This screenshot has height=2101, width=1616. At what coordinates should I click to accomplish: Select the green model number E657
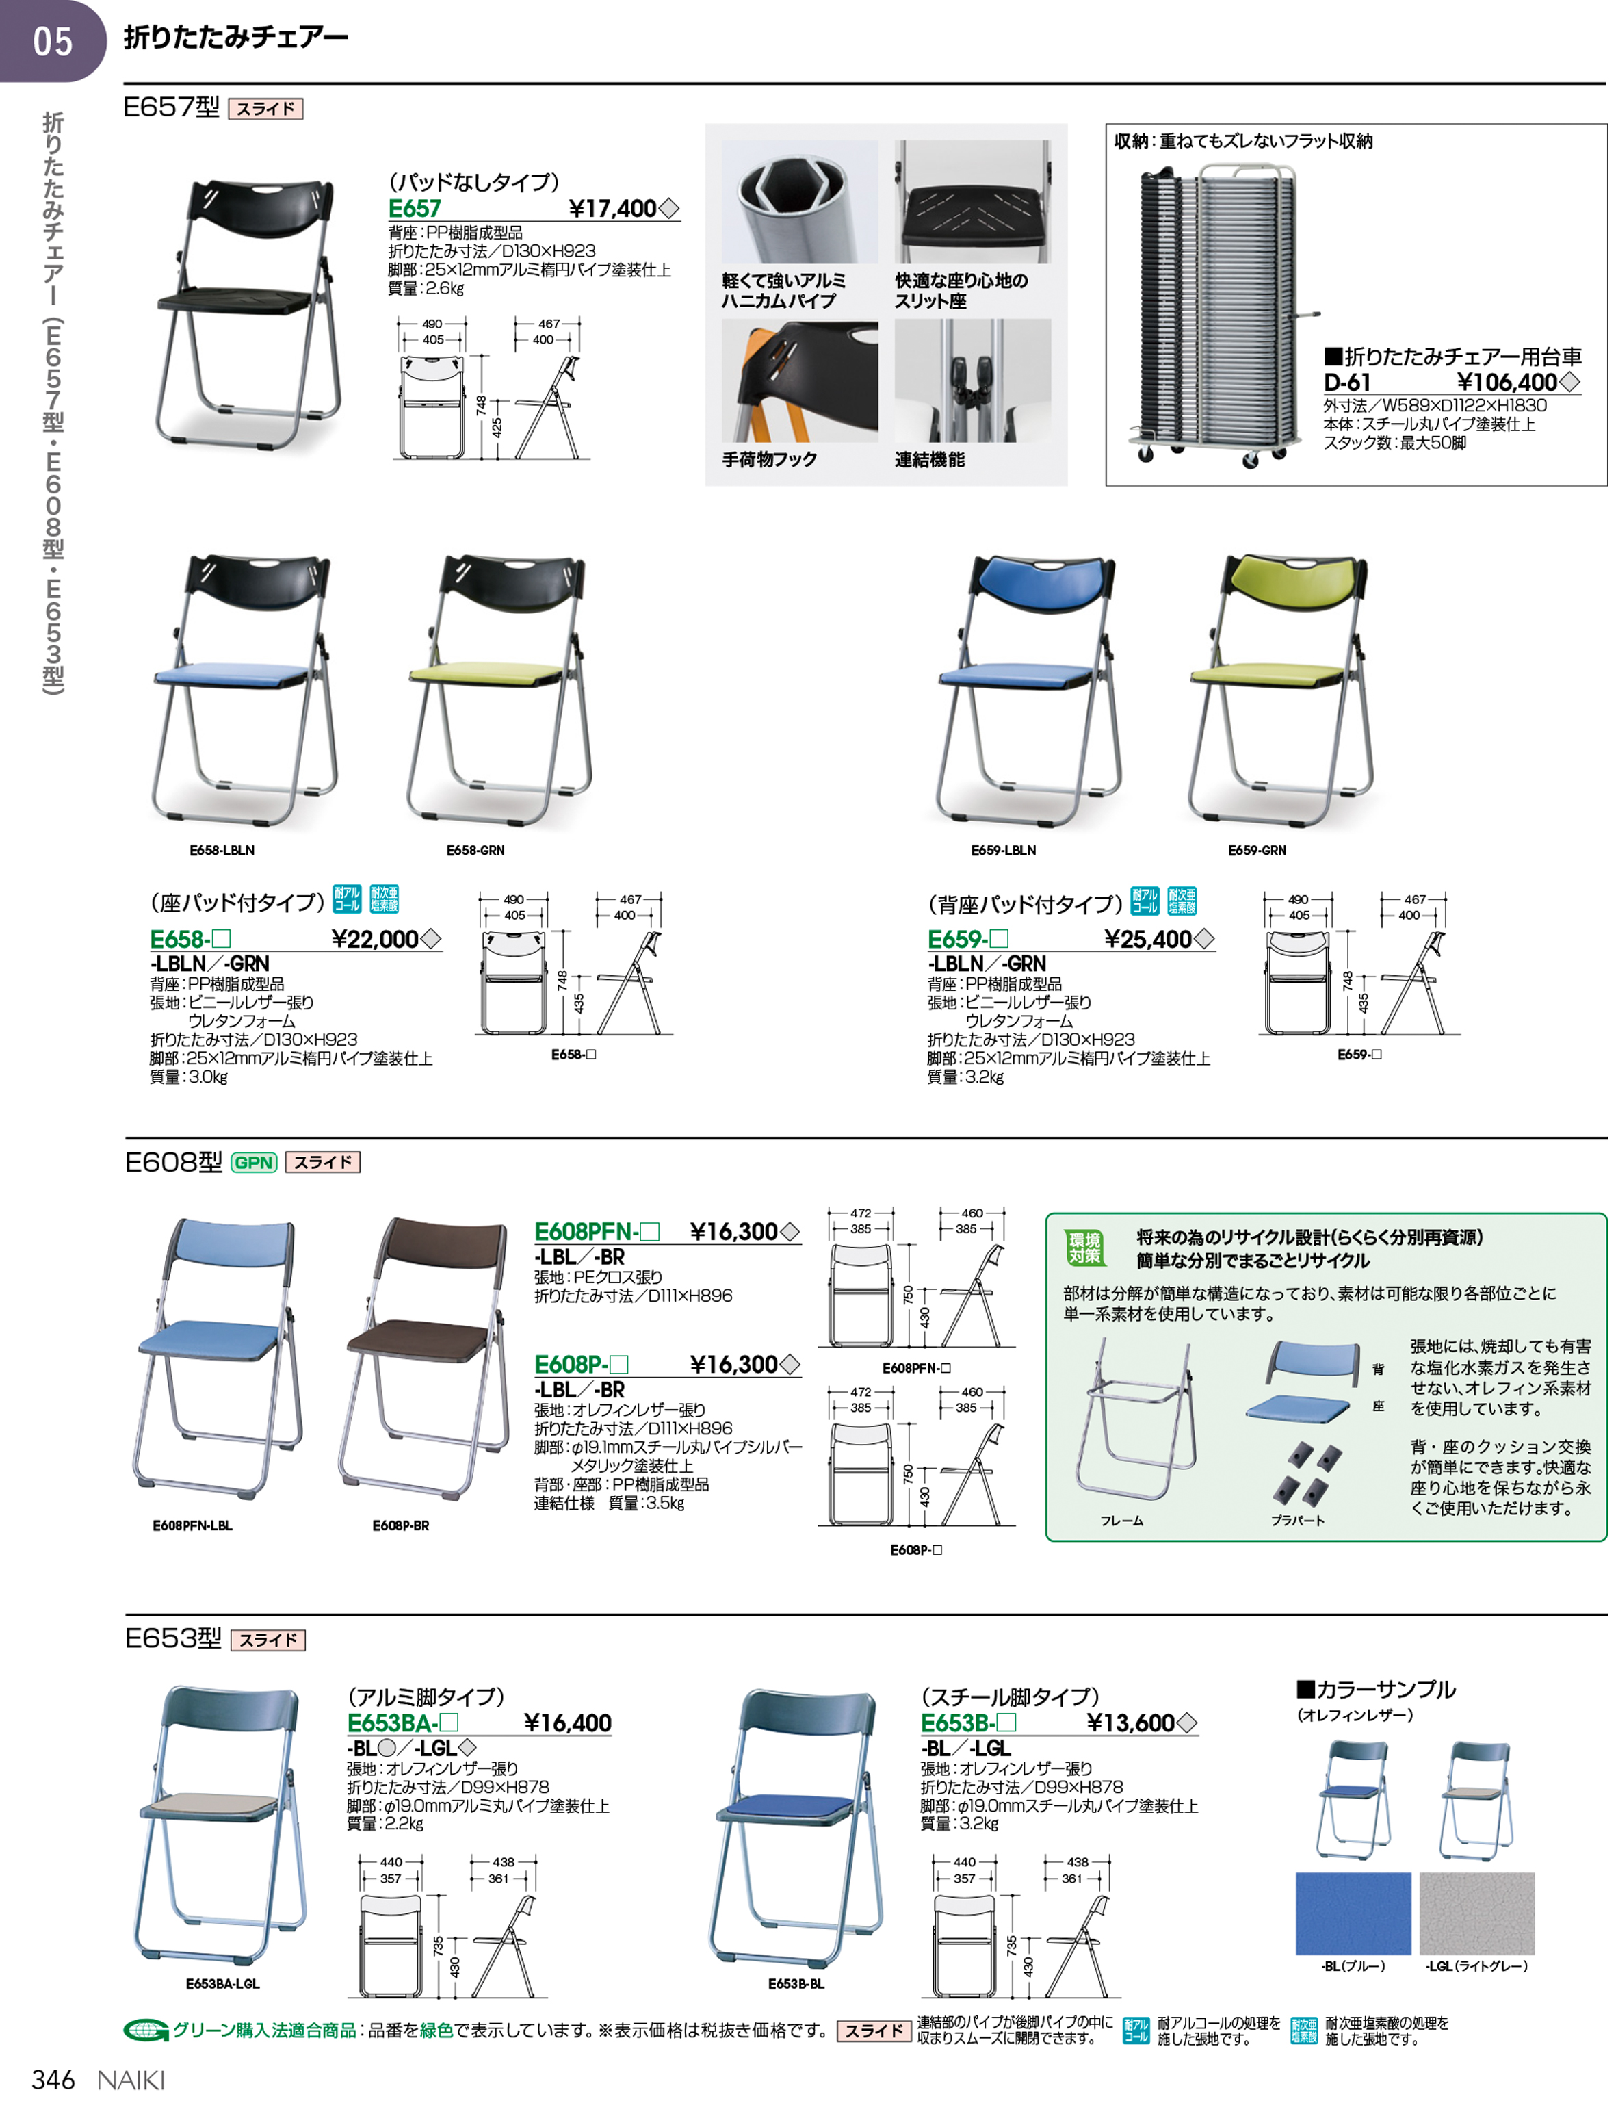tap(415, 209)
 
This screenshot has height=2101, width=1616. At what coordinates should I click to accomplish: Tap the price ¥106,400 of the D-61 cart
tap(1507, 382)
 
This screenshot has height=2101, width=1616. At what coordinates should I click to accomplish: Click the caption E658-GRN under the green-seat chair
tap(475, 851)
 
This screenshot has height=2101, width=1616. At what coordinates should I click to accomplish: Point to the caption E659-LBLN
tap(1003, 851)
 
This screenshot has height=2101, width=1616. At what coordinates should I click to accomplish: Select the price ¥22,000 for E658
tap(374, 939)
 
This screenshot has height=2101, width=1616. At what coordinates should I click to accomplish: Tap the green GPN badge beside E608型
tap(254, 1162)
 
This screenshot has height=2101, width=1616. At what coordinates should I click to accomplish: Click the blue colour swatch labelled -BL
tap(1353, 1912)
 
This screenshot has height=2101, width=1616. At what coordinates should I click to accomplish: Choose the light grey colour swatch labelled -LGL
tap(1476, 1912)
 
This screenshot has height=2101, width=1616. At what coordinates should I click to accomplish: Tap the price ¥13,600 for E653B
tap(1130, 1723)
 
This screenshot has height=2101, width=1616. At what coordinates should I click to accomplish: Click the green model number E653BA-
tap(402, 1723)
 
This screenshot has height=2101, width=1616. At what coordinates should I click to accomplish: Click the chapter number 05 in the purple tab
tap(53, 41)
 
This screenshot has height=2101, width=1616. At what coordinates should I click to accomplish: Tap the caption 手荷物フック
tap(770, 460)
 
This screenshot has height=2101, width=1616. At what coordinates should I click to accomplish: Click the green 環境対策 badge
tap(1084, 1248)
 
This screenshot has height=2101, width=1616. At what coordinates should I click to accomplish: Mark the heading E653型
tap(173, 1638)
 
